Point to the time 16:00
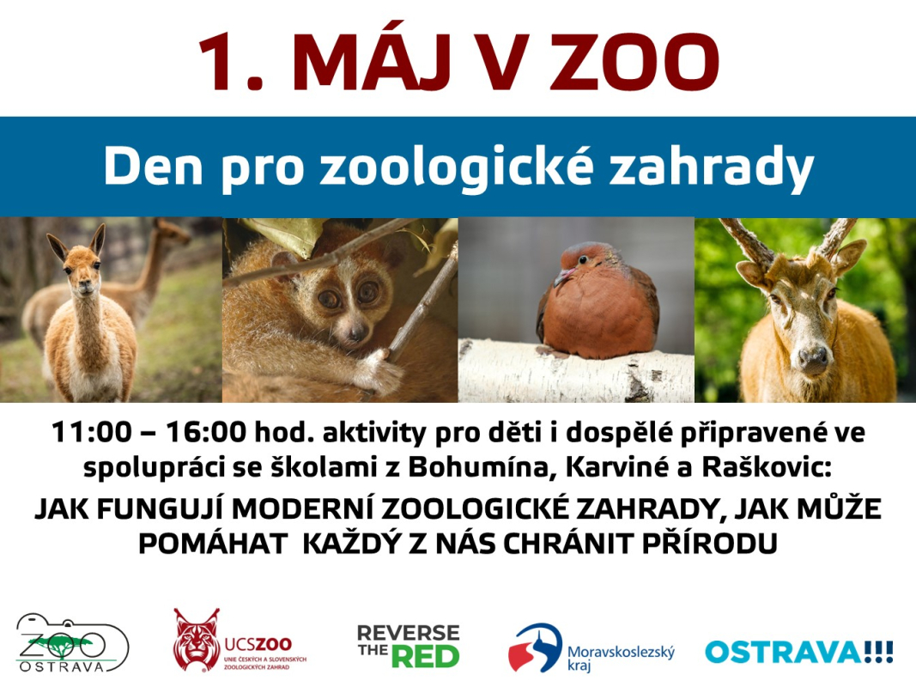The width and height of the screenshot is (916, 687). pyautogui.click(x=207, y=433)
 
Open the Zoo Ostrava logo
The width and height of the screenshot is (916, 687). pyautogui.click(x=71, y=642)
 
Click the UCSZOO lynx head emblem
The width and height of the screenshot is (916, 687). pyautogui.click(x=197, y=640)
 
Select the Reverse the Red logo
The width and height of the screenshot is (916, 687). pyautogui.click(x=409, y=646)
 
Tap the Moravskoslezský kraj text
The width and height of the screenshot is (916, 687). pyautogui.click(x=621, y=657)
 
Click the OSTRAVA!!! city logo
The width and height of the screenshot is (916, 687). pyautogui.click(x=799, y=652)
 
